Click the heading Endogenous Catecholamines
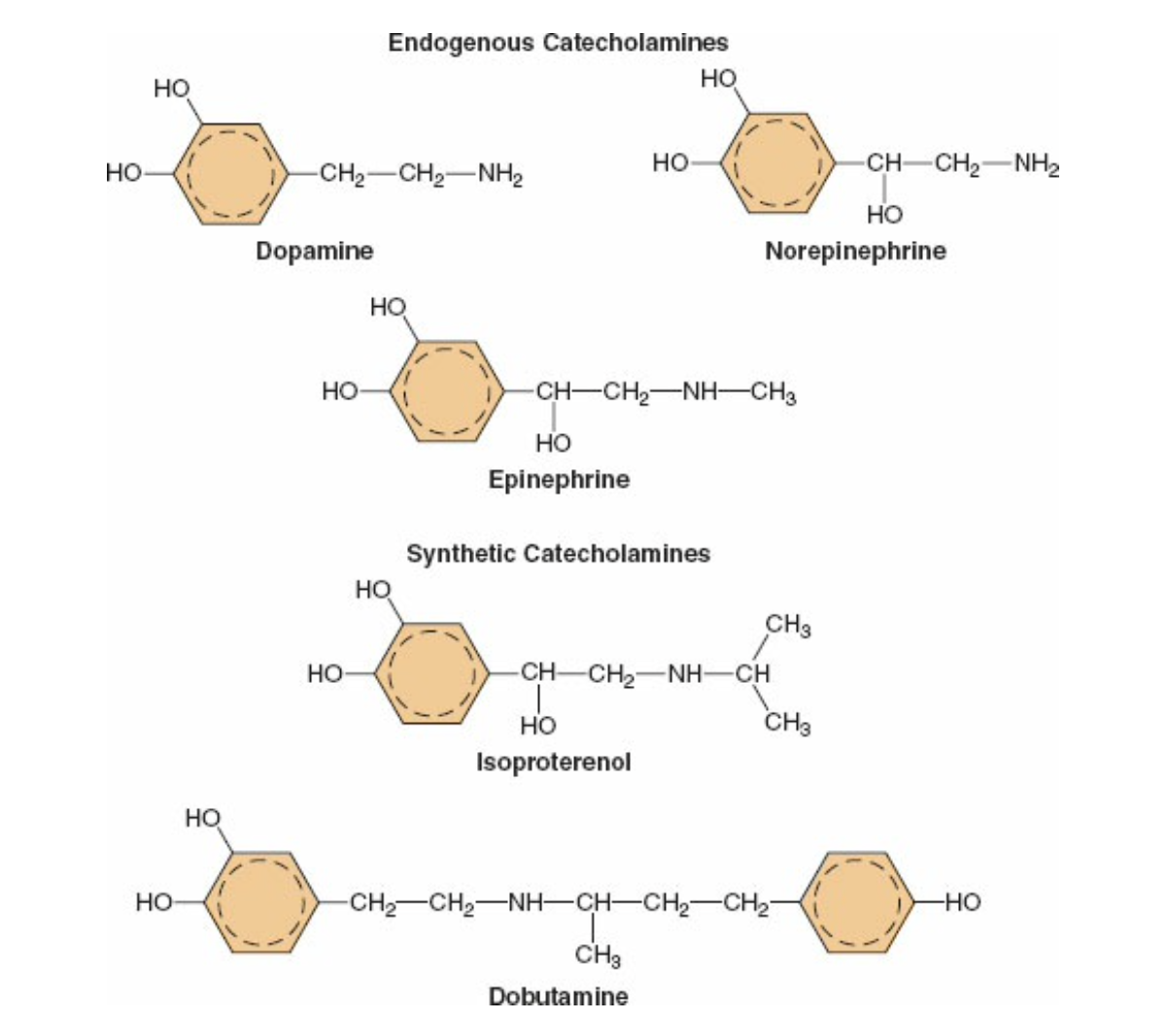pos(558,43)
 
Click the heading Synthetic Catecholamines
pos(558,554)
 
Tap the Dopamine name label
pos(314,251)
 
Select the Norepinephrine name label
pos(855,251)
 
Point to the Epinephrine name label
pos(559,479)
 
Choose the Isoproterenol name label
pos(553,762)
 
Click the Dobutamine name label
pos(558,996)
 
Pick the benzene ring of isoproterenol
pos(431,672)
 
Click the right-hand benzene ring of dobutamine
pos(860,902)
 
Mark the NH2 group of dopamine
pos(500,176)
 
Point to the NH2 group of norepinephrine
pos(1036,163)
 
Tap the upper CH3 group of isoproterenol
pos(788,626)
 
